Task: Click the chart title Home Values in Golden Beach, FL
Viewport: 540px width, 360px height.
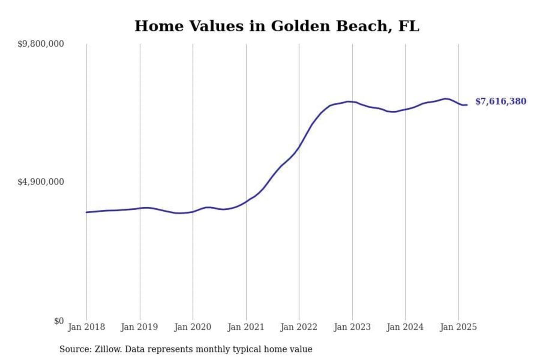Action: point(277,26)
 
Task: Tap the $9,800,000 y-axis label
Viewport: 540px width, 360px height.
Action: point(40,44)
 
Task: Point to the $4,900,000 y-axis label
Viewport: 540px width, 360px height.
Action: point(40,182)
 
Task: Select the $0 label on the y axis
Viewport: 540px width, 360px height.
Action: point(59,321)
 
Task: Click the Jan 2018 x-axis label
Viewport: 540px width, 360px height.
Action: point(86,327)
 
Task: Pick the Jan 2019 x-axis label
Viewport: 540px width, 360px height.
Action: point(139,327)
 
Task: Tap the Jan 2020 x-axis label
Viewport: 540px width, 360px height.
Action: point(193,327)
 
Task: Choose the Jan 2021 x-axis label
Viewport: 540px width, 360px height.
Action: point(246,327)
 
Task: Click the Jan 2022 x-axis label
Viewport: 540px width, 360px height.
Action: point(299,327)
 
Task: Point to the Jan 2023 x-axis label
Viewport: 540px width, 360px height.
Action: point(352,327)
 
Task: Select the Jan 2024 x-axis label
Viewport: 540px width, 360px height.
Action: point(405,327)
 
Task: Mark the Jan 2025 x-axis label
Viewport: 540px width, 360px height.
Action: point(458,327)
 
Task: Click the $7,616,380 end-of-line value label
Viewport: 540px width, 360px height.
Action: point(501,101)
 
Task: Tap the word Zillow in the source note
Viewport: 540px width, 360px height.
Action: point(108,349)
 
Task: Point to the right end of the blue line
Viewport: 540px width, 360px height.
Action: point(466,105)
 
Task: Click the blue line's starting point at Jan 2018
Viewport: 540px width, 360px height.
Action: point(87,212)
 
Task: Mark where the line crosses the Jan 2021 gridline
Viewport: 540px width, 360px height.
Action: point(246,201)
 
